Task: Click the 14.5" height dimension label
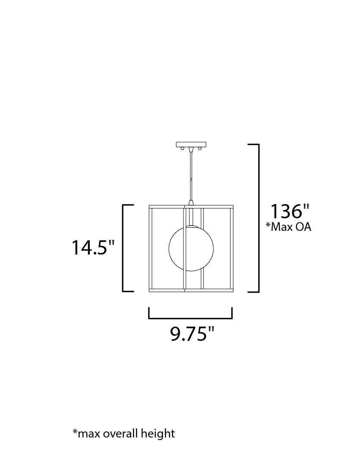point(93,247)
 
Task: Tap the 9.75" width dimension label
point(192,334)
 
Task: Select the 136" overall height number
point(290,211)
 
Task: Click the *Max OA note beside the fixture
point(288,227)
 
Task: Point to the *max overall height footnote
point(124,433)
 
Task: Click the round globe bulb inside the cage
point(191,248)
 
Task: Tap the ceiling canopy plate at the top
point(191,144)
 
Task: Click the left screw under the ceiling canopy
point(182,148)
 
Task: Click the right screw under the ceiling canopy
point(200,148)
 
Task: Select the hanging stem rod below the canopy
point(191,175)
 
